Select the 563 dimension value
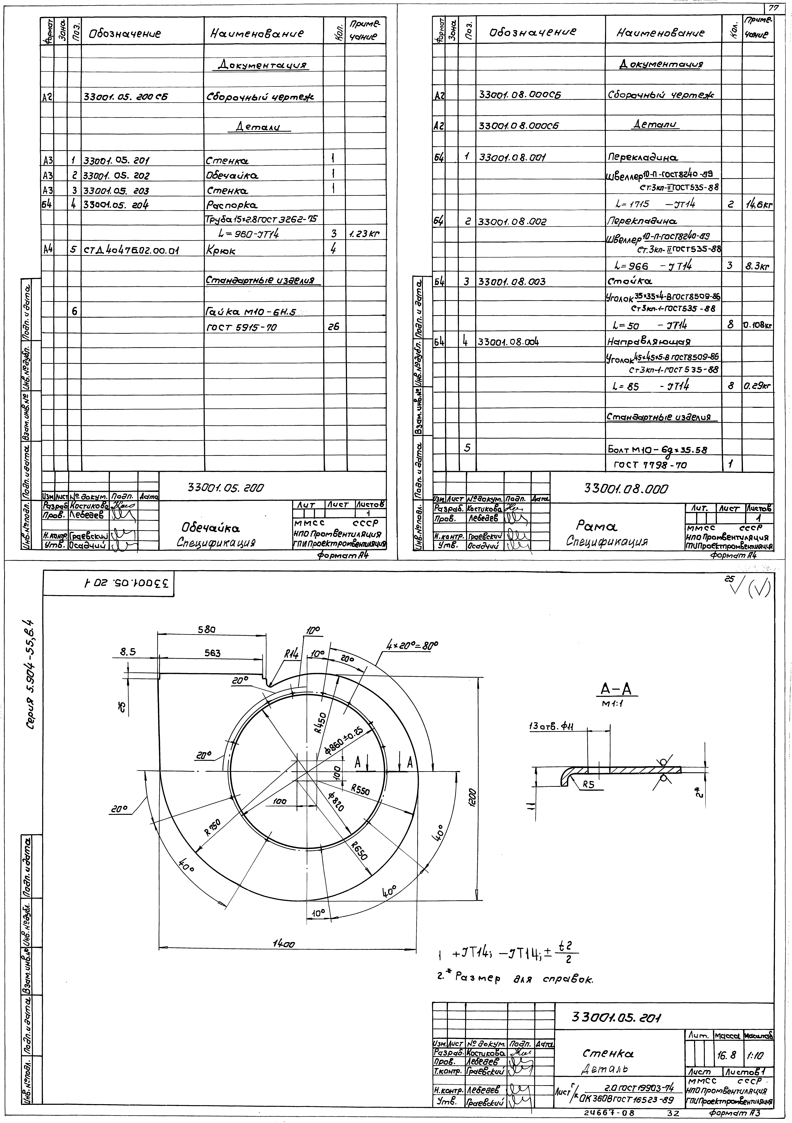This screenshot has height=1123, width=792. [x=212, y=652]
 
